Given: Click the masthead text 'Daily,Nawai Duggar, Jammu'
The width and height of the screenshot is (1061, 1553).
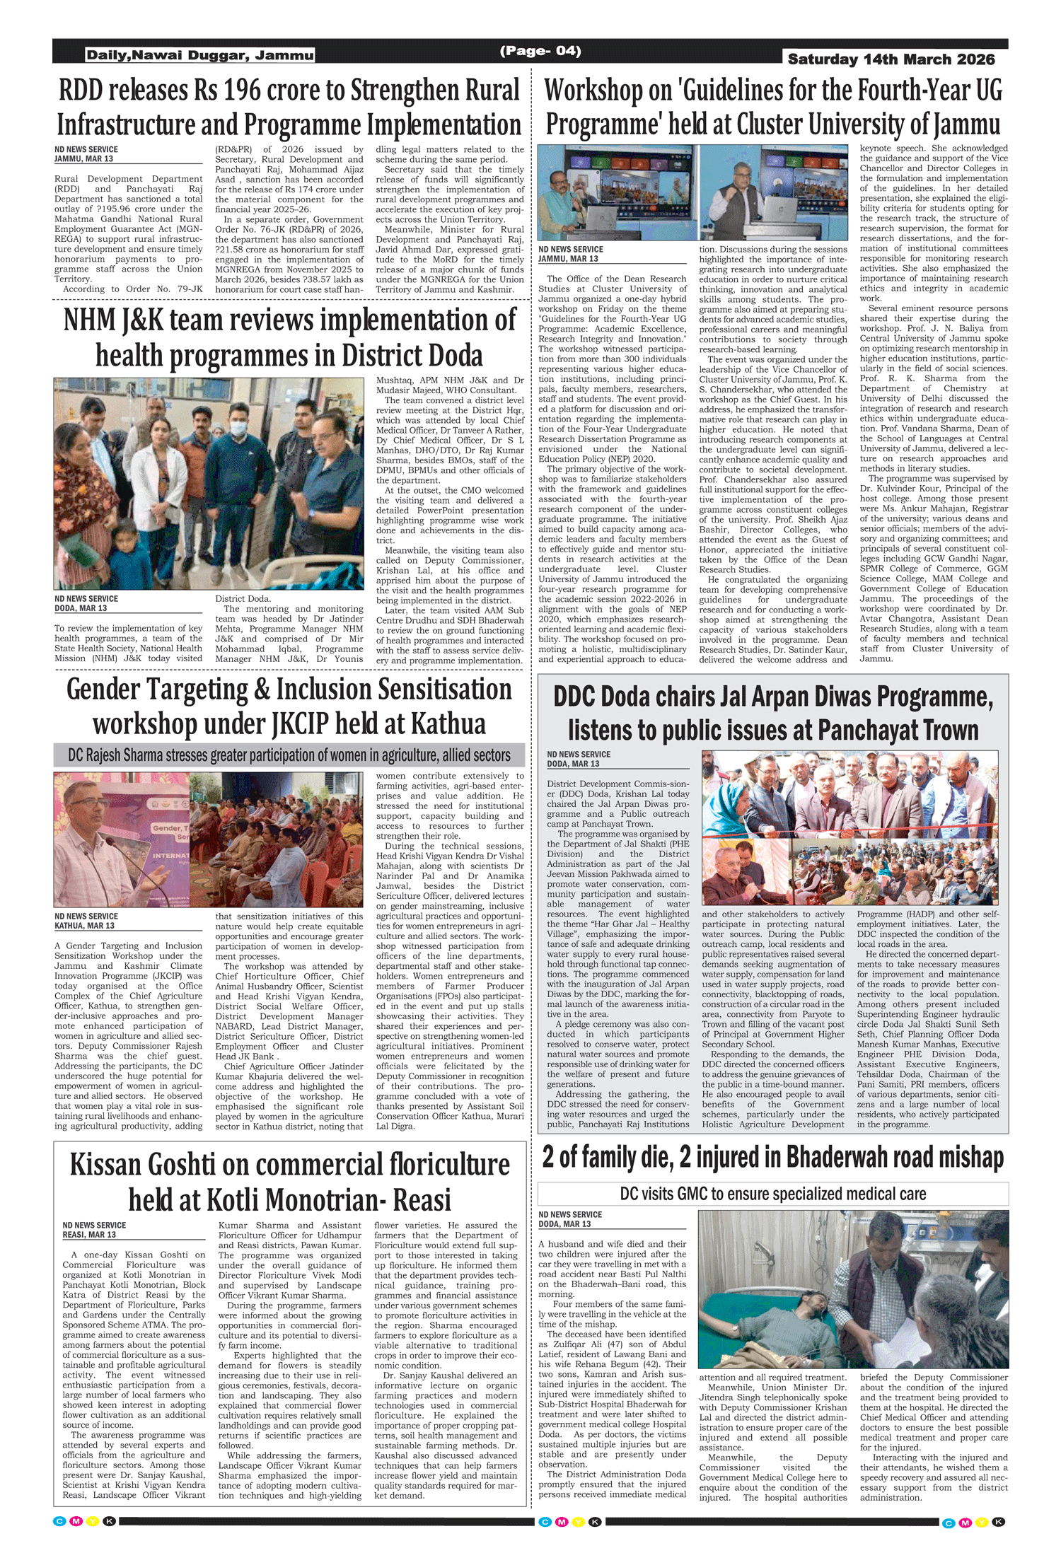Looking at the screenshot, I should pos(199,55).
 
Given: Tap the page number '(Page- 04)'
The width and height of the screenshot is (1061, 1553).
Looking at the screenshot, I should pos(540,51).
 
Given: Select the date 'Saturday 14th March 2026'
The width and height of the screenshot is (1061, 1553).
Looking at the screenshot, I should pos(891,59).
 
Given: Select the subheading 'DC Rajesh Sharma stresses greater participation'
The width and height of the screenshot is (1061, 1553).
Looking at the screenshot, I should pos(289,755).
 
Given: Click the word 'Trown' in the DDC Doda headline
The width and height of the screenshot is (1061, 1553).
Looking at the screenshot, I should pos(942,730).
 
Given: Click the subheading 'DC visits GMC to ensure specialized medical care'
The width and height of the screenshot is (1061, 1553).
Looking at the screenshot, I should pos(772,1194).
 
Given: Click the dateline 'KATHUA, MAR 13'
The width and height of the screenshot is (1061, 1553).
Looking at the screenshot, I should pos(85,926).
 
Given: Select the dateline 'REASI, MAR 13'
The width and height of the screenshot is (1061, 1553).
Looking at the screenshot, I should pos(89,1235).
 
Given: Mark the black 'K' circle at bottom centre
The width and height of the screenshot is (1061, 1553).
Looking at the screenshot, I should pos(595,1522).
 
